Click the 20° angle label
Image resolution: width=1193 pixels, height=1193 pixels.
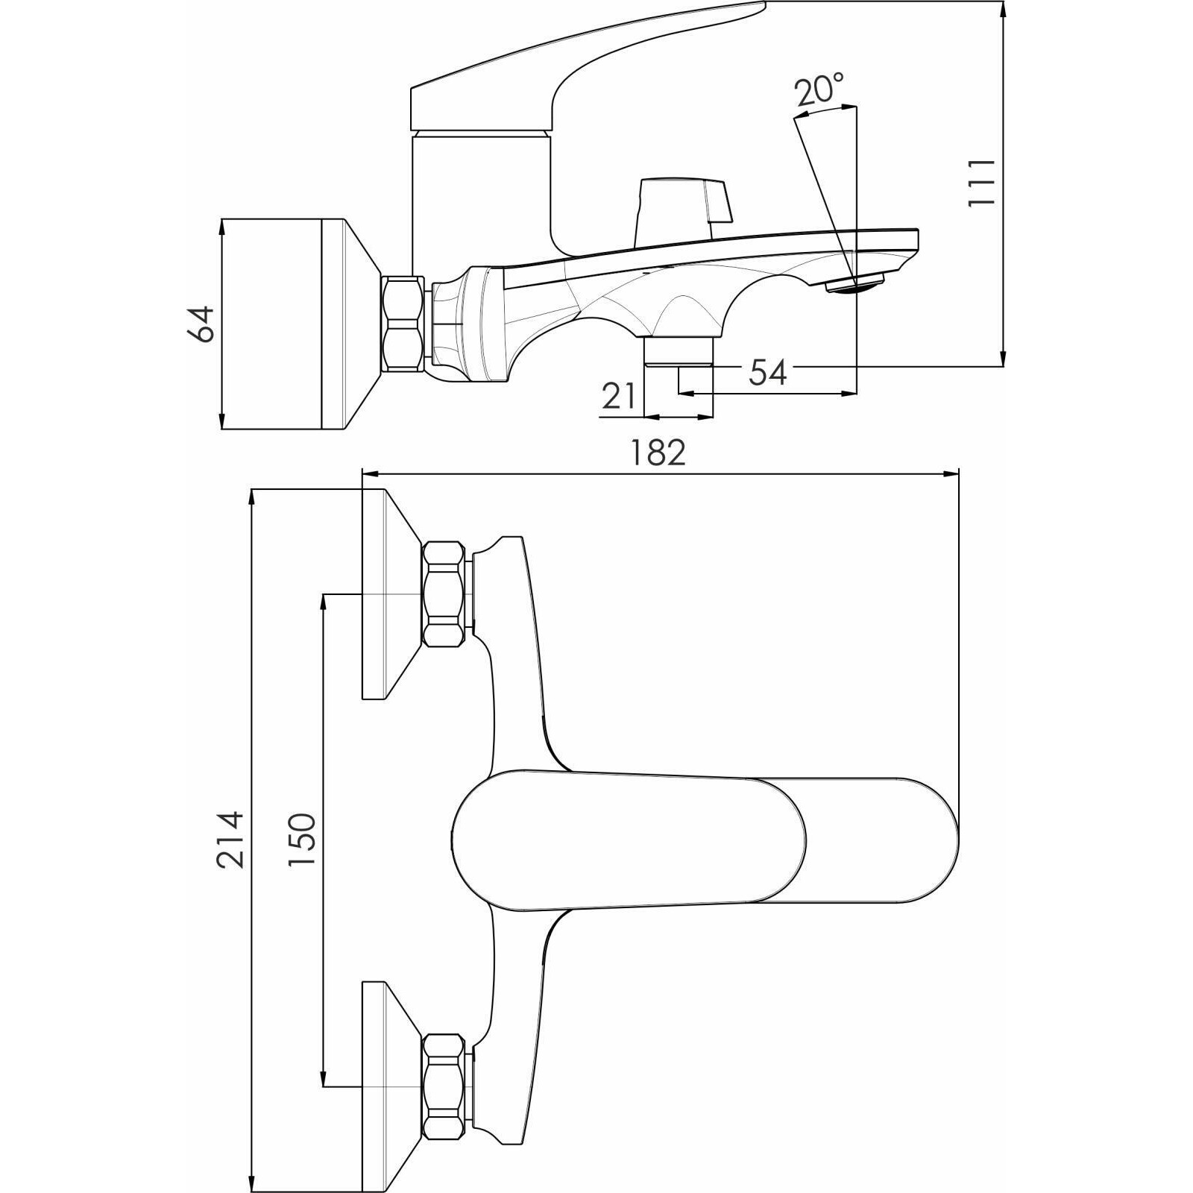click(x=819, y=91)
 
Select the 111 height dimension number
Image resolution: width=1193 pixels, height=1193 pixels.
click(x=980, y=183)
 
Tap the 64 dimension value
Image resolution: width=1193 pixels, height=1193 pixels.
click(x=201, y=324)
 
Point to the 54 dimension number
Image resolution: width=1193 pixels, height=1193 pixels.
click(x=768, y=372)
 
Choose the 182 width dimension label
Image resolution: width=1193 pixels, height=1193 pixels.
click(x=658, y=453)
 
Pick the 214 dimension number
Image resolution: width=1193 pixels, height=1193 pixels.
click(x=230, y=840)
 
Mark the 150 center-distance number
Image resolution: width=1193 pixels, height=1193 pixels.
click(x=303, y=840)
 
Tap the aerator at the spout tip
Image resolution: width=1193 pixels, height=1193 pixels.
click(x=854, y=283)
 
